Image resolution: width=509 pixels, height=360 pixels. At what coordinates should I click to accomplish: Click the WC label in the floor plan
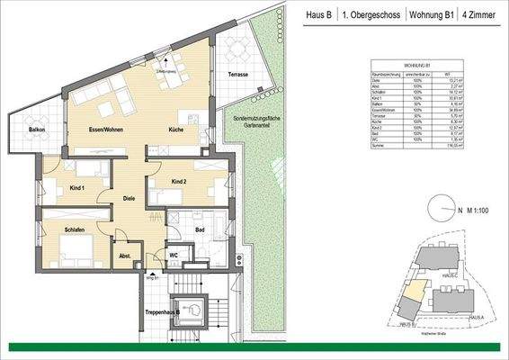coord(174,254)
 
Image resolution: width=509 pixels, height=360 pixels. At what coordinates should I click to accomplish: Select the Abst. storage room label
coord(126,256)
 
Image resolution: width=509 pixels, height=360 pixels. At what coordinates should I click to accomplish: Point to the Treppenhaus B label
coord(166,312)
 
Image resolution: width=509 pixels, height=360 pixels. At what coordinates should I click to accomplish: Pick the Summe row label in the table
coord(381,155)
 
